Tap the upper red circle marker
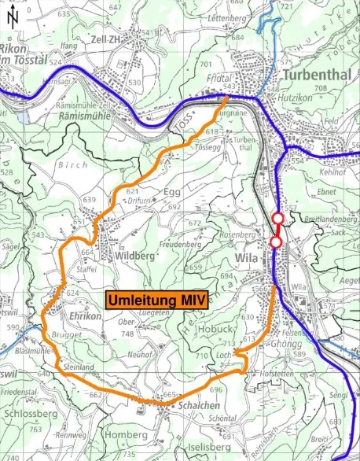[x=277, y=219]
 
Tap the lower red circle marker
[x=275, y=242]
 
